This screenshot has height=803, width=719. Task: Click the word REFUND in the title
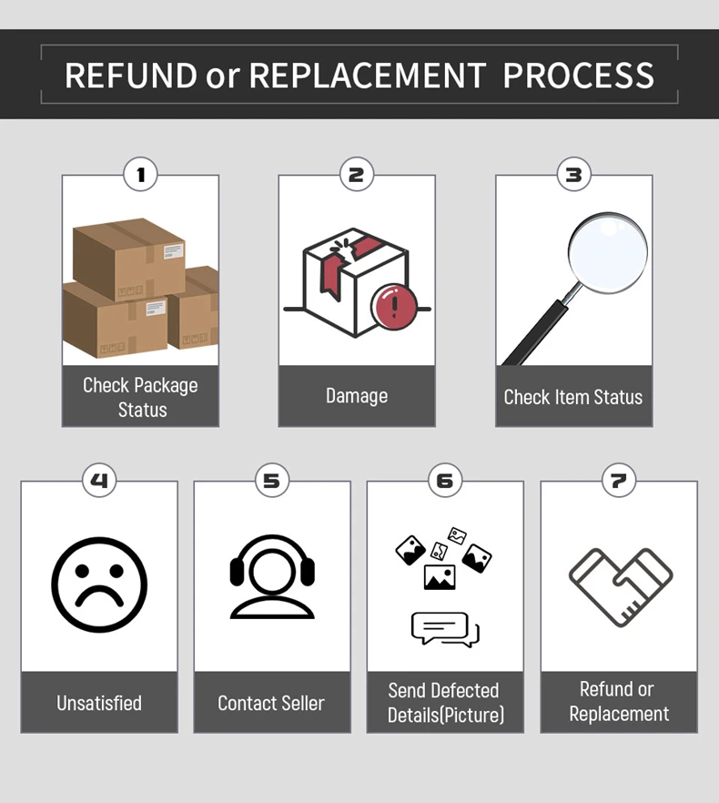click(x=130, y=75)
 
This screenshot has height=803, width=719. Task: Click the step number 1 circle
click(x=140, y=174)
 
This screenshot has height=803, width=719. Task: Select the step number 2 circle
click(x=356, y=174)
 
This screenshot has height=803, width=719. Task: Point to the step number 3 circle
click(x=573, y=174)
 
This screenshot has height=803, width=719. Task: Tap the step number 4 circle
click(x=99, y=480)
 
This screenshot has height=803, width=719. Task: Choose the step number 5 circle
click(x=271, y=480)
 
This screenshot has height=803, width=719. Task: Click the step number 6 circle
click(x=444, y=480)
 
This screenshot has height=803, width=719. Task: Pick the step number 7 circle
click(x=619, y=480)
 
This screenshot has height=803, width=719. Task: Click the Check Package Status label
click(x=140, y=397)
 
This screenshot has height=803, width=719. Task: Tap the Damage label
click(x=357, y=396)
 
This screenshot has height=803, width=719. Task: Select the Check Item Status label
click(x=573, y=397)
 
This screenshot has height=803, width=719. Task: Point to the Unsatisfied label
click(x=99, y=703)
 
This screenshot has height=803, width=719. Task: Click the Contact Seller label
click(x=271, y=703)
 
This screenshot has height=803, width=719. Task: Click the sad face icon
click(x=99, y=584)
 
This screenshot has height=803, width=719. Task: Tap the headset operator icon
click(x=271, y=579)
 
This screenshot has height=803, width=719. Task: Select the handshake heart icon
click(x=620, y=585)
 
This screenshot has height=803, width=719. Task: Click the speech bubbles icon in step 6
click(x=445, y=629)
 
